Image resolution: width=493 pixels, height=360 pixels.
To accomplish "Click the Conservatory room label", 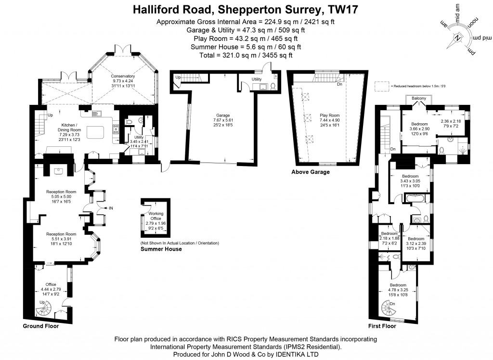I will pos(123,76).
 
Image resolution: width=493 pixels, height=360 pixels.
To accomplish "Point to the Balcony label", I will pos(419,99).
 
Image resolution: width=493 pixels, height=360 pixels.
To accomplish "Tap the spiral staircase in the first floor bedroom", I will pos(387,307).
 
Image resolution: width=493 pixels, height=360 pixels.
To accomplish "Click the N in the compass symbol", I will pos(458,38).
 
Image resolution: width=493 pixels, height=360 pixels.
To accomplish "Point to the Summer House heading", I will pos(161,249).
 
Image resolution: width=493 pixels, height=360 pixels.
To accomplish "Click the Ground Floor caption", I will pos(41,326).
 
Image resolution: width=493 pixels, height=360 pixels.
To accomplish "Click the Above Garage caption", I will pos(311,172).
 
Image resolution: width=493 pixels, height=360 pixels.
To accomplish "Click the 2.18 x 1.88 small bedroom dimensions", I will pos(389,238).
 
